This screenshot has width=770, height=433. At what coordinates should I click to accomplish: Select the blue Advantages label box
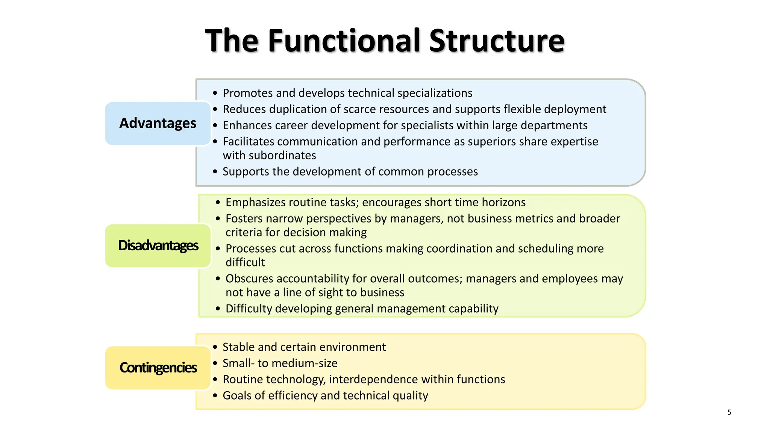[x=158, y=123]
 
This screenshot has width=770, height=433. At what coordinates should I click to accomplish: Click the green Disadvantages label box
[x=158, y=245]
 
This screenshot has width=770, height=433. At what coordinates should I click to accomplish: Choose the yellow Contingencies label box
[x=158, y=368]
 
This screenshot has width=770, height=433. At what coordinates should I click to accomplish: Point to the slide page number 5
[x=729, y=412]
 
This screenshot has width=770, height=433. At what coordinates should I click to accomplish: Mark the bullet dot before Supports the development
[x=215, y=172]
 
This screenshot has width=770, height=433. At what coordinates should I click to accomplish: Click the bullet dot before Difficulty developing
[x=218, y=309]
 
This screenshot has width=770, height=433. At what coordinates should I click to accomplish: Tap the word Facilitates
[x=249, y=141]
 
